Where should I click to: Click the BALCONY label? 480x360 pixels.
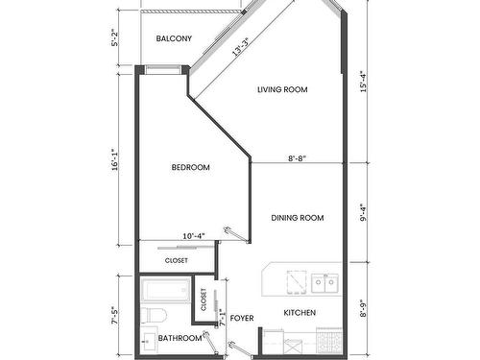point(174,39)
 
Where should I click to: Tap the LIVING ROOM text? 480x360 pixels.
point(281,90)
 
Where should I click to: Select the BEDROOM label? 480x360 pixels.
point(190,168)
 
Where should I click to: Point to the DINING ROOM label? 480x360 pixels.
point(298,218)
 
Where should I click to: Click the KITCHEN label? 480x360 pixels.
point(300,313)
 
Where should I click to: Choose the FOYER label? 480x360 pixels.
point(242,318)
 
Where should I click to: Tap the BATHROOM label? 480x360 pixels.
point(180,338)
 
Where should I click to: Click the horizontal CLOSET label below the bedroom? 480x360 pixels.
point(177,260)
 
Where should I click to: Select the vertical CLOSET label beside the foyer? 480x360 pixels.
point(204,300)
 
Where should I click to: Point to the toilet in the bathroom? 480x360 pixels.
point(154,317)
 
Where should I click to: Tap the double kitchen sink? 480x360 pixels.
point(324,282)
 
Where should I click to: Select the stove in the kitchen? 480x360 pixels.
point(329,341)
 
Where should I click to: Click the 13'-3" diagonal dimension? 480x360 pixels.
point(241,47)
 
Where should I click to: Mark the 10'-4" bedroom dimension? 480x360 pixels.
point(195,234)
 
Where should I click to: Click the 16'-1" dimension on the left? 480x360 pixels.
point(115,158)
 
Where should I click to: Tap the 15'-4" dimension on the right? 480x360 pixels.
point(365,83)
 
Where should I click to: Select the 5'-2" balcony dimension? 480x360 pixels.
point(115,39)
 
